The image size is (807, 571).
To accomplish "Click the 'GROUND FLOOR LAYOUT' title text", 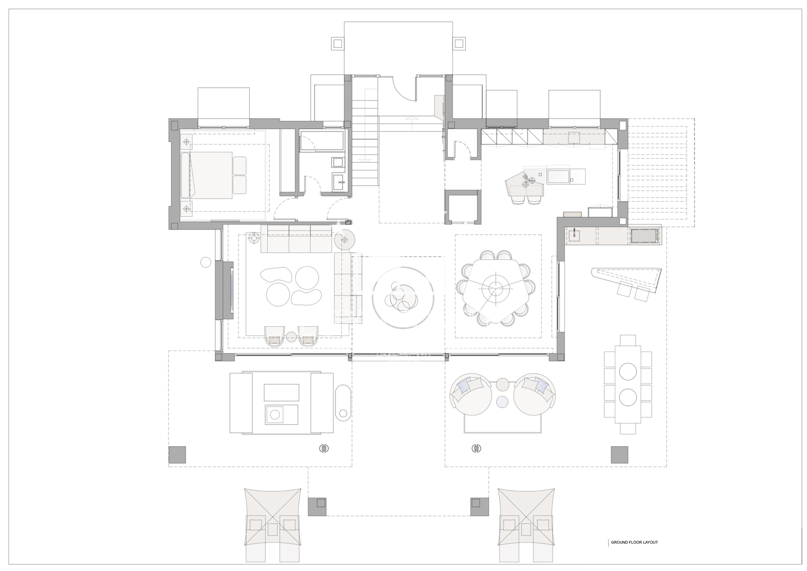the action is pos(635,552).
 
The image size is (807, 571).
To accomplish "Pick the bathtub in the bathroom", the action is pos(322,141).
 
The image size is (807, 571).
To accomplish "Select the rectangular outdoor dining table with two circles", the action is pos(628,385).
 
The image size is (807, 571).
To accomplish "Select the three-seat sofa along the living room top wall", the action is pos(296,239).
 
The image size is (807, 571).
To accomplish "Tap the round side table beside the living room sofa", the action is pos(345,240).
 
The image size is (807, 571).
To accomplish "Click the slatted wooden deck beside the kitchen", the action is pos(661,173).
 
